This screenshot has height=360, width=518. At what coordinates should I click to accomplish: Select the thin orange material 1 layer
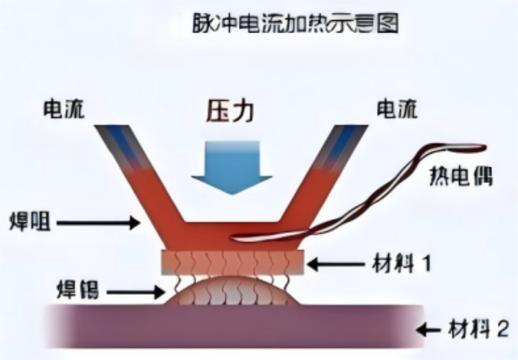tap(232, 261)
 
